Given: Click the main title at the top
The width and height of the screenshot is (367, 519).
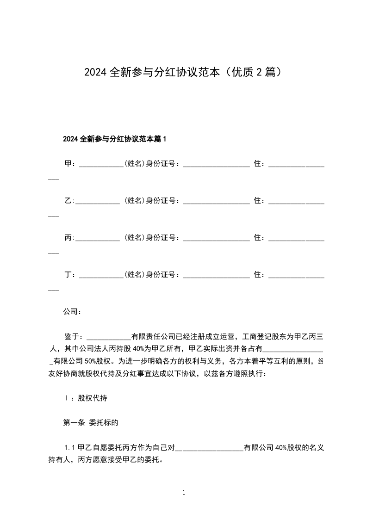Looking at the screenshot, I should click(183, 72).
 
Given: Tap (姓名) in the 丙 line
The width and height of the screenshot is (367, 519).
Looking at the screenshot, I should click(134, 238).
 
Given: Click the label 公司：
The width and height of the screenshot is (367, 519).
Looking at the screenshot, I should click(72, 312).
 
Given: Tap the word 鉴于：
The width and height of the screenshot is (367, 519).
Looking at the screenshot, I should click(74, 336).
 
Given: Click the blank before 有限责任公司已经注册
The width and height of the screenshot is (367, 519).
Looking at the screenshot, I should click(109, 337).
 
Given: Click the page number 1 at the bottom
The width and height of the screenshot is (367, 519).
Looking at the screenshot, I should click(184, 493).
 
